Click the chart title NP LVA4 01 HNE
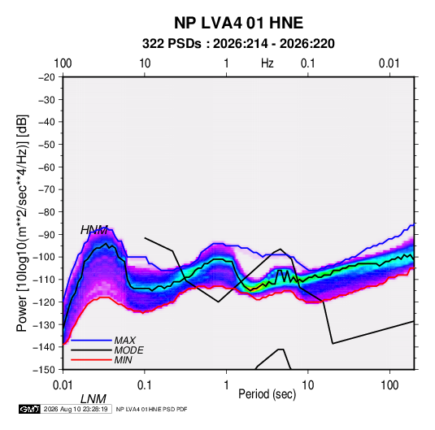238,23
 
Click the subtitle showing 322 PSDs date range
238,44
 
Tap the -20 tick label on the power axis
46,77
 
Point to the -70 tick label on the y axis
46,189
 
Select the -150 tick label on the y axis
45,369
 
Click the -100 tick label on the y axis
45,257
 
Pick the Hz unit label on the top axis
268,63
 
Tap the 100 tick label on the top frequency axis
63,63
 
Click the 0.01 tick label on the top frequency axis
389,63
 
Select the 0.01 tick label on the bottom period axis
63,385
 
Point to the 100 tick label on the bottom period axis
389,385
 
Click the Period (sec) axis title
268,394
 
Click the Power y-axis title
22,224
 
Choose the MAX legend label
125,340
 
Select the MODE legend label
128,350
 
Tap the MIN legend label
123,360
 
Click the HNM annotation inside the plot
94,230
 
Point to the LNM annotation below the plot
94,399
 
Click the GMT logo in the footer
29,409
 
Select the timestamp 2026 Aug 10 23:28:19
76,409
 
